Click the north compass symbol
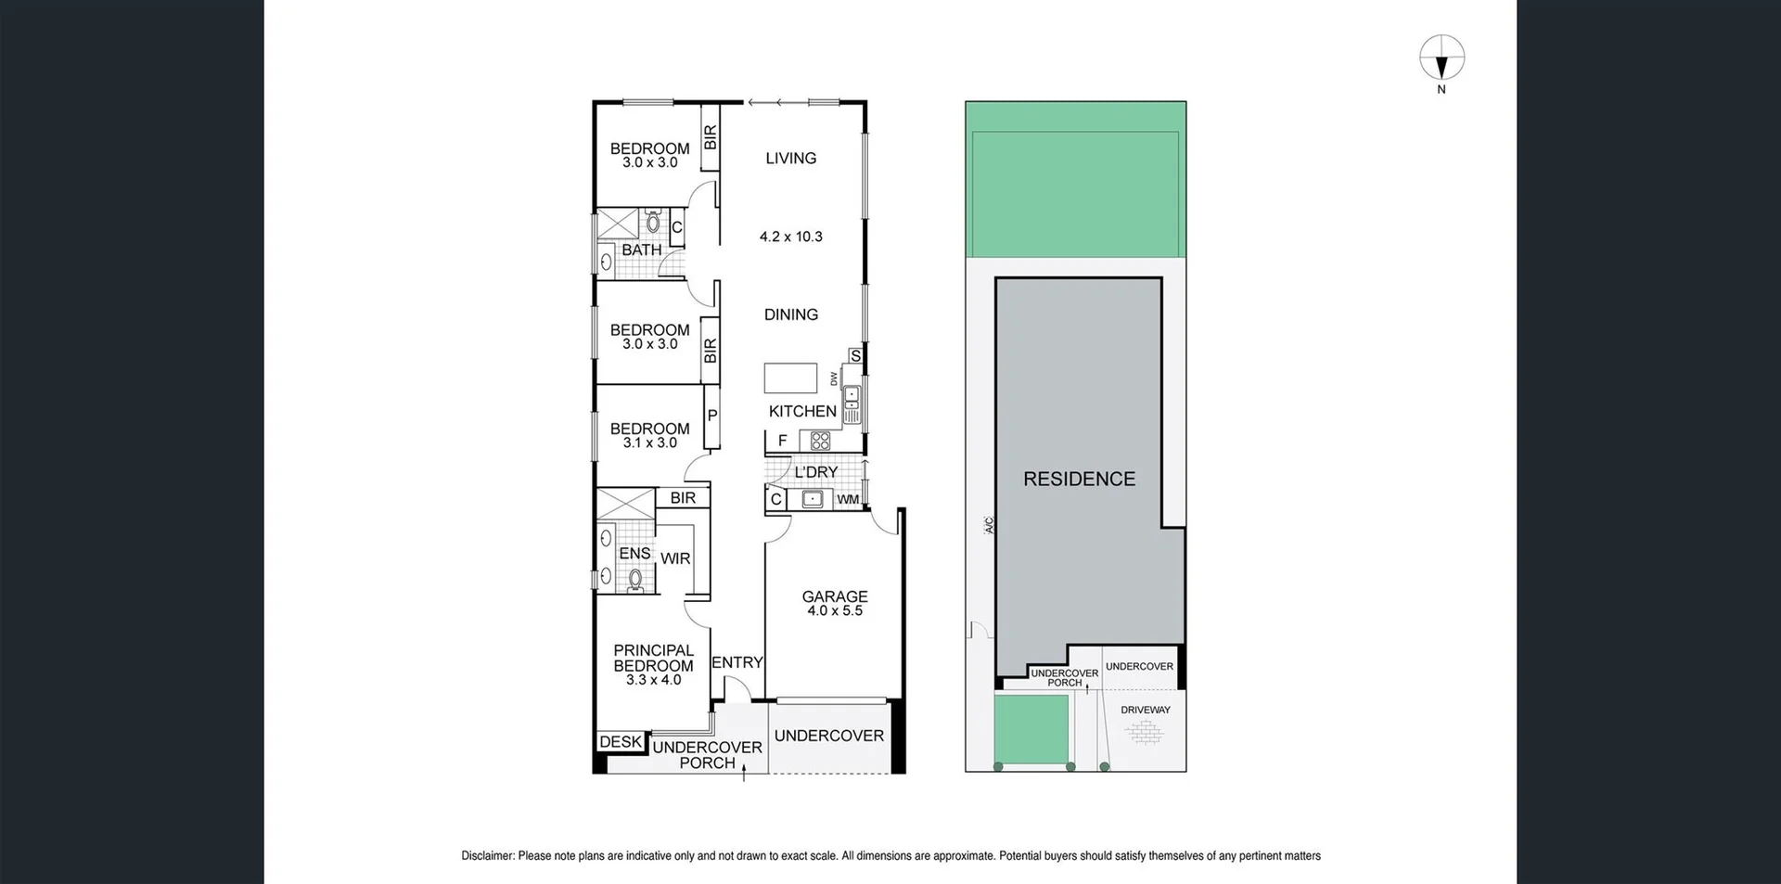pos(1441,58)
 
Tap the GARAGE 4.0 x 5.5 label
pos(835,604)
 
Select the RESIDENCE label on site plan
pos(1079,479)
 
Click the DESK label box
pos(620,741)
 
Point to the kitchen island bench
pos(790,378)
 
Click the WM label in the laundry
pos(848,500)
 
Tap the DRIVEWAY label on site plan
pos(1146,710)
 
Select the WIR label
pos(675,558)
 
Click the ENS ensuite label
pos(634,553)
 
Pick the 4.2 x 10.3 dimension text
pos(790,237)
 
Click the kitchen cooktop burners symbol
pos(820,441)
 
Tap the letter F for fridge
pos(782,441)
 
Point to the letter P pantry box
pos(712,416)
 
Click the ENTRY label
pos(737,662)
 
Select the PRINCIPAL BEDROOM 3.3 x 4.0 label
pos(653,664)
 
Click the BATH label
pos(641,250)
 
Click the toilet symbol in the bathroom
pos(653,223)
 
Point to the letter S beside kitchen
pos(855,356)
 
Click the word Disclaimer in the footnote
pos(487,856)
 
